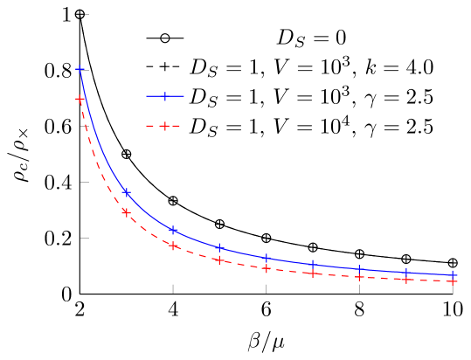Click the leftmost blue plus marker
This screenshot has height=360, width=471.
[80, 69]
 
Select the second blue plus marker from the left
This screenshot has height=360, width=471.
[126, 192]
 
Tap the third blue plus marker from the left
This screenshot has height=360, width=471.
[173, 231]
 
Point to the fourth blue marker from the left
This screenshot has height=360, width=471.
[219, 248]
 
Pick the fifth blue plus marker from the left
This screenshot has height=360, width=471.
[267, 258]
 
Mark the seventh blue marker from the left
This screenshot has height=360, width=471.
[359, 270]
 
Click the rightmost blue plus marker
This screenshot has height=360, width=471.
[453, 275]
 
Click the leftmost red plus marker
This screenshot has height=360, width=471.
[80, 100]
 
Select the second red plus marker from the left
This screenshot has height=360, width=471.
[126, 212]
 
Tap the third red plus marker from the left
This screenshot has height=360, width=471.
[173, 246]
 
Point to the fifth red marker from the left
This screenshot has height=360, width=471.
[267, 268]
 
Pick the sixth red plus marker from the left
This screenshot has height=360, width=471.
[313, 273]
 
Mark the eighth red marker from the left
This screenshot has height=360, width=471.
[406, 280]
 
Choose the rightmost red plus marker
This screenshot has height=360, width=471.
[453, 281]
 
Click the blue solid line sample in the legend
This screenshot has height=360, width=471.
[164, 96]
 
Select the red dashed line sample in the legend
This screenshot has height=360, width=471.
[164, 126]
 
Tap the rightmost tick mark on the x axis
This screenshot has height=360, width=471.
[453, 288]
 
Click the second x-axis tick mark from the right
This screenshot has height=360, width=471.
[359, 288]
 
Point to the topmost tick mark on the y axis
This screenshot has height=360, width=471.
[86, 15]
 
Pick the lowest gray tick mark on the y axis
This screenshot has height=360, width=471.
[85, 238]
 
